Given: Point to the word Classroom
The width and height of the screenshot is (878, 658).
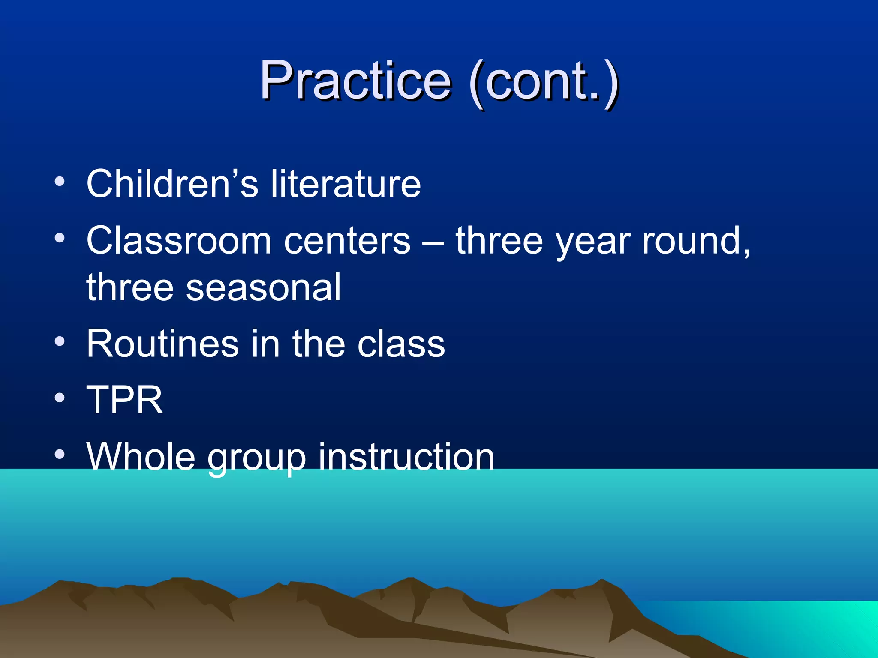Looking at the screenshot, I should (x=179, y=241).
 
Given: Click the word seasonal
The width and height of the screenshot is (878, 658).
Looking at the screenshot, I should (x=263, y=287).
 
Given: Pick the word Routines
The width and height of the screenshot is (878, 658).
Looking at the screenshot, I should (x=162, y=344).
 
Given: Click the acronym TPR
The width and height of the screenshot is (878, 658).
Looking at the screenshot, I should (x=125, y=400).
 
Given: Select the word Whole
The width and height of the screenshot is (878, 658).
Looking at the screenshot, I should (x=141, y=457).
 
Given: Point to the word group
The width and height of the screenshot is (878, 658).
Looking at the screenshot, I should (x=257, y=458).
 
